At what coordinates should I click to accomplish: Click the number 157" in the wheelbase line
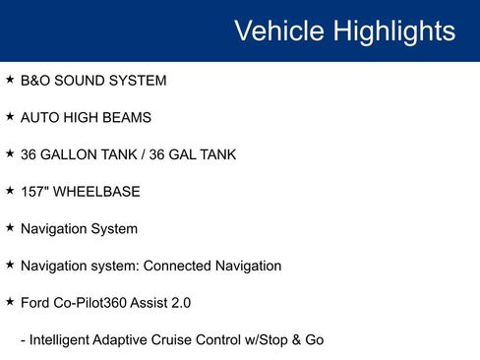tap(34, 192)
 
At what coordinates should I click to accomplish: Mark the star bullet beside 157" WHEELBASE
tap(10, 191)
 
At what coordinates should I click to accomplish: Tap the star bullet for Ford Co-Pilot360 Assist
tap(10, 302)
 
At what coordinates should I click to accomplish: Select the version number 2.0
tap(180, 303)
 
